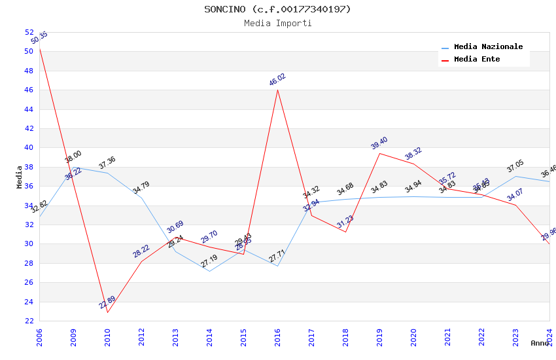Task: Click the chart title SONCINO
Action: pyautogui.click(x=277, y=9)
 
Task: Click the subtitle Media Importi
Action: pyautogui.click(x=277, y=23)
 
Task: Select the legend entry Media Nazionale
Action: pyautogui.click(x=488, y=47)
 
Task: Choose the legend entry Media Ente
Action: pyautogui.click(x=477, y=59)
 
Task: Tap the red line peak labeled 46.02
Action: pyautogui.click(x=277, y=90)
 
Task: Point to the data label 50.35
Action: pyautogui.click(x=39, y=38)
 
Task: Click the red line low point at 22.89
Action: pyautogui.click(x=107, y=312)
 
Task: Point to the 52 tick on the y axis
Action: pyautogui.click(x=29, y=32)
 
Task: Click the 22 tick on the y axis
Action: pyautogui.click(x=29, y=321)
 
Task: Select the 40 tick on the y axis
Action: pyautogui.click(x=29, y=147)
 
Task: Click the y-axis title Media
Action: pyautogui.click(x=20, y=177)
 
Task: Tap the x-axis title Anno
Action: pyautogui.click(x=540, y=343)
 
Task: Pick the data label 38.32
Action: pyautogui.click(x=413, y=154)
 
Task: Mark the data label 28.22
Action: pyautogui.click(x=141, y=251)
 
